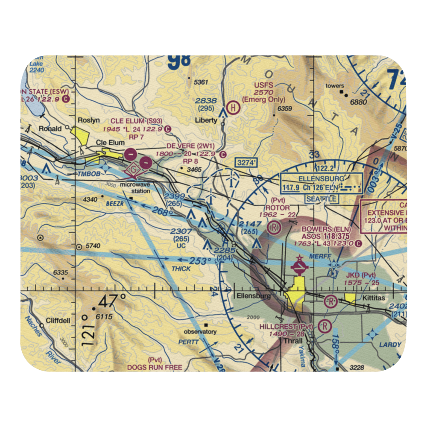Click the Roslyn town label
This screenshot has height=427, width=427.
(x=87, y=121)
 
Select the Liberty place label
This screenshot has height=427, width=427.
(x=206, y=120)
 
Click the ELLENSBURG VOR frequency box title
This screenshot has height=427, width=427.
(x=322, y=178)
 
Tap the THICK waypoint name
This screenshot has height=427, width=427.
(x=181, y=269)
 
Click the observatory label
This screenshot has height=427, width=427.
(x=200, y=332)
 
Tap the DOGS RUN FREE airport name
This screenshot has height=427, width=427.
(x=154, y=367)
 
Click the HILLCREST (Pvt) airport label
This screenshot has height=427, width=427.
(x=287, y=327)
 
